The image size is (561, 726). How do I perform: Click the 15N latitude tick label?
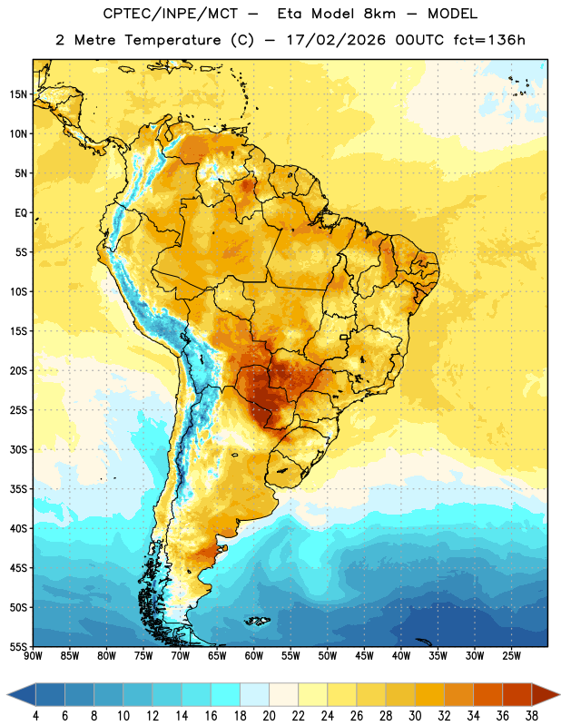pos(18,94)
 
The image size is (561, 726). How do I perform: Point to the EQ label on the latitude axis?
pos(21,213)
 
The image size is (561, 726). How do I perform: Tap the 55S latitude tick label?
pos(18,646)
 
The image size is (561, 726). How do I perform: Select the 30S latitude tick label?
pos(18,449)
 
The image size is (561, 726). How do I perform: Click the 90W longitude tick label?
pos(33,656)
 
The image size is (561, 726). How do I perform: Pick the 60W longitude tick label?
pos(254,656)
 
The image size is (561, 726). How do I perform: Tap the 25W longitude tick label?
pos(511,656)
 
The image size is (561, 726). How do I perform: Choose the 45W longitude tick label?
pos(364,656)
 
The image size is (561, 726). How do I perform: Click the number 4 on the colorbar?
pos(35,716)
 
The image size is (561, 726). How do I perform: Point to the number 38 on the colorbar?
pos(532,716)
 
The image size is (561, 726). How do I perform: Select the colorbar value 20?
pos(269,716)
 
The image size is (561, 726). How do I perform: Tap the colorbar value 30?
pos(415,716)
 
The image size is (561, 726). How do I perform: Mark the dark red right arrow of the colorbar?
pos(545,694)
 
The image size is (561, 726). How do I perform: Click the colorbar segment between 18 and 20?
pos(254,694)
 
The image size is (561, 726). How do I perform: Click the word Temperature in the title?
pos(172,40)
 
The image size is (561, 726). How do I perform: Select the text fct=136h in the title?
pos(489,40)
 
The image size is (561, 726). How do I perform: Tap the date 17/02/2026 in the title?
pos(336,40)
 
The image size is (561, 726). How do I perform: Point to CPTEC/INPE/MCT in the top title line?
pos(171,14)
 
